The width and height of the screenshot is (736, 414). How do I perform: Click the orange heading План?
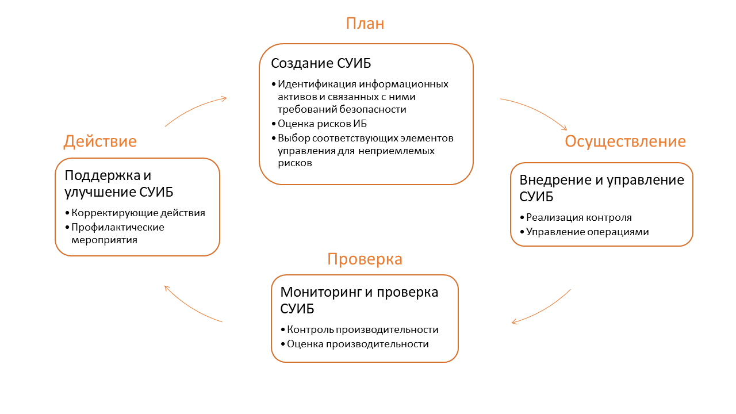(365, 24)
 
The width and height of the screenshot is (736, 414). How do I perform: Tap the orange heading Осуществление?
(625, 141)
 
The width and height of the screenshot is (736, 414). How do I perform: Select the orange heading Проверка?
(365, 259)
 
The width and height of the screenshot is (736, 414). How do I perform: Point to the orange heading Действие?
(100, 141)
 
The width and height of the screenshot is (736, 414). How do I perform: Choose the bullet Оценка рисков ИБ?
(322, 124)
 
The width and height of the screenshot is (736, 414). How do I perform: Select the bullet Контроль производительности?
(362, 329)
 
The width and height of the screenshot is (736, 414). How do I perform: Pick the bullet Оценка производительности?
(358, 344)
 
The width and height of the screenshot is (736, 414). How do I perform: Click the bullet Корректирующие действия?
(138, 213)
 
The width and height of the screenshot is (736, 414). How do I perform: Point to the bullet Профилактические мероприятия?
(117, 233)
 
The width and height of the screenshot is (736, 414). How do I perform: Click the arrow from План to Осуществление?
(535, 112)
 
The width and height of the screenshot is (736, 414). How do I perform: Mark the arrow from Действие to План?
(195, 109)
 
